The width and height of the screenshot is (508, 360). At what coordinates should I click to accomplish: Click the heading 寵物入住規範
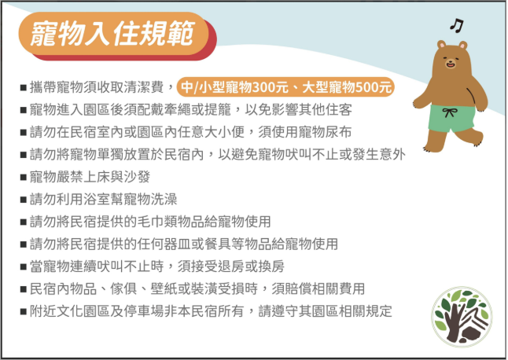click(x=112, y=33)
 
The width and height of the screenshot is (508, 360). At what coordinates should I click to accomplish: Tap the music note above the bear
click(x=457, y=25)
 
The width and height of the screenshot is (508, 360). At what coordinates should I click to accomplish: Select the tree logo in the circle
click(x=462, y=317)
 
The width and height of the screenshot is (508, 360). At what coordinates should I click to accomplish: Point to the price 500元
click(x=374, y=87)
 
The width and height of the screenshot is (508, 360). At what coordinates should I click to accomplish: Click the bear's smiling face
click(x=451, y=61)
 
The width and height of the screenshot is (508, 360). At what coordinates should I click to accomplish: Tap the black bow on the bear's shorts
click(x=450, y=112)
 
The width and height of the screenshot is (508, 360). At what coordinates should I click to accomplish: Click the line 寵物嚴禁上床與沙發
click(x=90, y=177)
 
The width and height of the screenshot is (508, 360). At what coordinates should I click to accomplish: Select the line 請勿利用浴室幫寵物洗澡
click(x=103, y=199)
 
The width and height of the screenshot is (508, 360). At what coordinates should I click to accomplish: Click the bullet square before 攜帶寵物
click(x=24, y=88)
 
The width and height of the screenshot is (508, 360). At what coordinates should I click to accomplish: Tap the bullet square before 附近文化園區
click(x=24, y=312)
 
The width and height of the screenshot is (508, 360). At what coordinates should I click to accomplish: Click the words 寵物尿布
click(x=325, y=132)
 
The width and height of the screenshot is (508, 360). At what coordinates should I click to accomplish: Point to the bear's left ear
click(x=441, y=44)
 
